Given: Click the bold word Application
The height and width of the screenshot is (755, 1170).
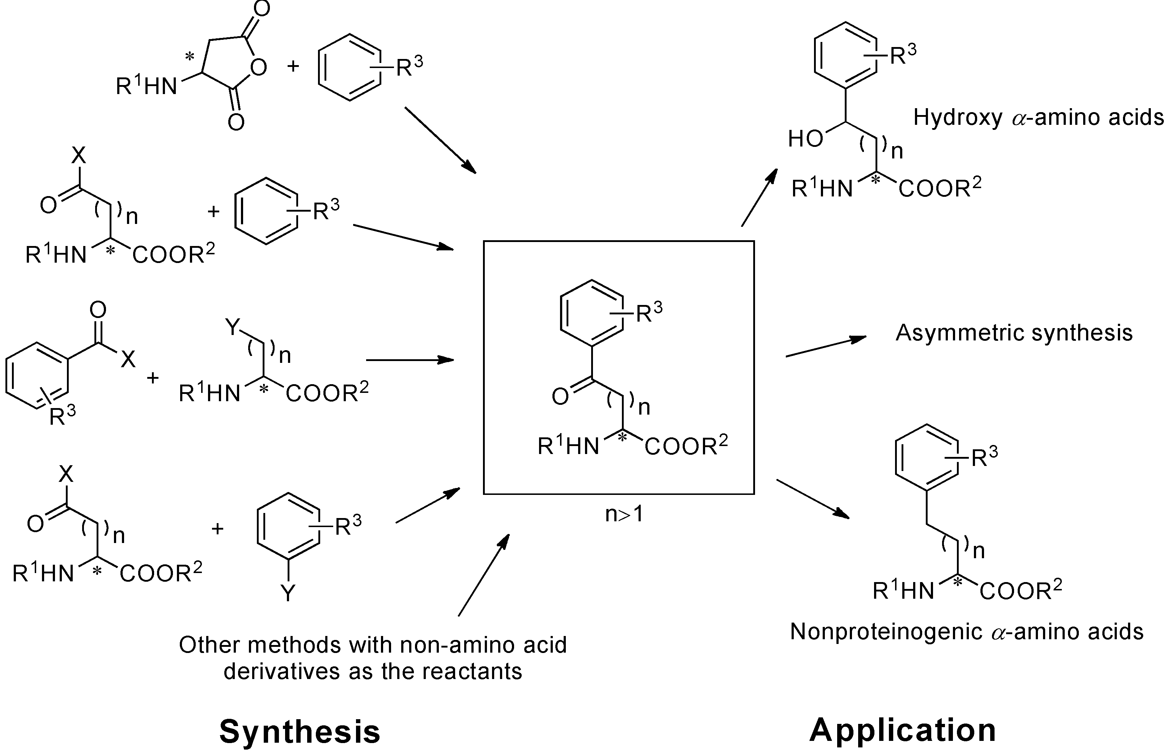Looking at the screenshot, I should pyautogui.click(x=902, y=730).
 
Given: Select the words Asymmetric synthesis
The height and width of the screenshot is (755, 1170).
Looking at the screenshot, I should pyautogui.click(x=1014, y=333).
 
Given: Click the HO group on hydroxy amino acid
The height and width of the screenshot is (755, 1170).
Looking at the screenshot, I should pyautogui.click(x=805, y=139).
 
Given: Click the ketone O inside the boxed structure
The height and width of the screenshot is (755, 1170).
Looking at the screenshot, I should pyautogui.click(x=560, y=396).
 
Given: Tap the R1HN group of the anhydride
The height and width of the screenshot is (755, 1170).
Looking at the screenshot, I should pyautogui.click(x=146, y=86).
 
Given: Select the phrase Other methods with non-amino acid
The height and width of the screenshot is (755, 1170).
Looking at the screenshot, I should pyautogui.click(x=373, y=645).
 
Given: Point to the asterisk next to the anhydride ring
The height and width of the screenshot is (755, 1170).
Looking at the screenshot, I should pyautogui.click(x=189, y=58).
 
